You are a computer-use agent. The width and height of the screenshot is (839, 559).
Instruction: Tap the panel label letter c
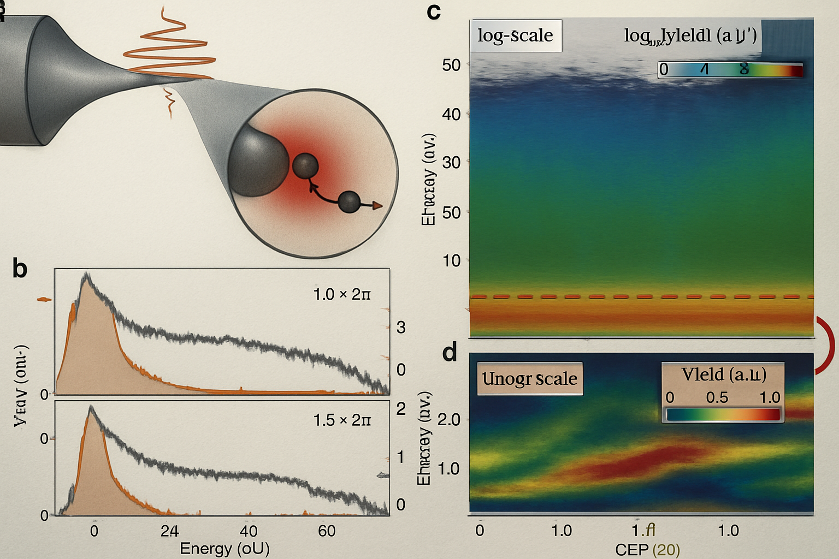(434, 11)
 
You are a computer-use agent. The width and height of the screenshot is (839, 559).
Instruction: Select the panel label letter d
(449, 353)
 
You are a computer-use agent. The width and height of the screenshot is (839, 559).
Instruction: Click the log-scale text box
(515, 35)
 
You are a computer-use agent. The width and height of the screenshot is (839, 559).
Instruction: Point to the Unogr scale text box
(529, 378)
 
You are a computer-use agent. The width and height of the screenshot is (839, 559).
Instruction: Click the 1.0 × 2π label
(342, 295)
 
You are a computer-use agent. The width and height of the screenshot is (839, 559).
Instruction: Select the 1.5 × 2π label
(342, 420)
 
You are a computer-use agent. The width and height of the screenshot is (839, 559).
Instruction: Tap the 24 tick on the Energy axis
(169, 531)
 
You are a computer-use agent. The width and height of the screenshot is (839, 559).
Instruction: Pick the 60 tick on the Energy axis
(327, 531)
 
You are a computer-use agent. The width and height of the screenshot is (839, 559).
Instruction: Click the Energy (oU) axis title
(224, 548)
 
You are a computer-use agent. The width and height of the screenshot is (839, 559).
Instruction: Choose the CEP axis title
(647, 549)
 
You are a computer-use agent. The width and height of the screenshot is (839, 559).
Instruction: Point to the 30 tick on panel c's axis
(451, 163)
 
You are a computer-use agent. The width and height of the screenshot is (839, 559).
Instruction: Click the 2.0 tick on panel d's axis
(449, 420)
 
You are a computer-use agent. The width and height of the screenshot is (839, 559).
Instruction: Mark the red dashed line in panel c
(641, 297)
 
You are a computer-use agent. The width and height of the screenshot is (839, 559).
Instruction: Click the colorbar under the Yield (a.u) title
(723, 414)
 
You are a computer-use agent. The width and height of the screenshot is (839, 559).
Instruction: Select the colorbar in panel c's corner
(730, 70)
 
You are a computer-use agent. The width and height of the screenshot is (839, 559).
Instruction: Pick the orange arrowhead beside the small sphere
(377, 205)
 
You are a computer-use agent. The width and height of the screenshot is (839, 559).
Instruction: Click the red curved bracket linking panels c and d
(826, 345)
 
